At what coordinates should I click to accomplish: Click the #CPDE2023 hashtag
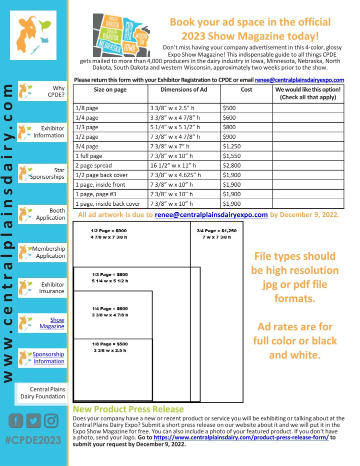coord(33,440)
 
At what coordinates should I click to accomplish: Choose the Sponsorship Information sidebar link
coord(48,357)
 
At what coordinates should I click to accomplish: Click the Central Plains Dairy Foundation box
coord(42,393)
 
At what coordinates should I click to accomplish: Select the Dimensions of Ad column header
coord(183,90)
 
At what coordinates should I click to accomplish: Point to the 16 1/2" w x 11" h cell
coord(173,165)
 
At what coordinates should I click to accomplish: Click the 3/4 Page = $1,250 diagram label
coord(216,233)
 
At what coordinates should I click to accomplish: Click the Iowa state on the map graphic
coord(129,49)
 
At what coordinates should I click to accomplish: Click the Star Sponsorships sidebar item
coord(48,173)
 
